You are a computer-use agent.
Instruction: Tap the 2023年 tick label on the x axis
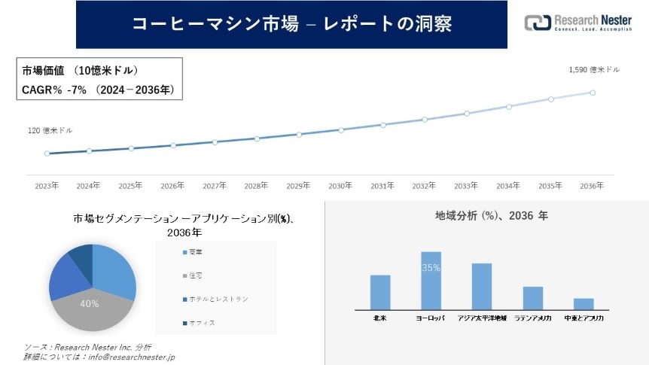click(x=47, y=185)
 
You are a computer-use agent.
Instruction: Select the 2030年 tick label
click(x=340, y=185)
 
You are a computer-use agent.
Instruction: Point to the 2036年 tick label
click(x=593, y=185)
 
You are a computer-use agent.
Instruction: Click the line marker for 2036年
click(x=593, y=93)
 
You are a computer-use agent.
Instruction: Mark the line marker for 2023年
click(x=47, y=154)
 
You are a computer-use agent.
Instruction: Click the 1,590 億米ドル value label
click(x=595, y=70)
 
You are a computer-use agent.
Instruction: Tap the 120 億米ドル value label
click(x=50, y=131)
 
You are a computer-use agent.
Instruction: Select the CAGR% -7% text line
click(x=98, y=90)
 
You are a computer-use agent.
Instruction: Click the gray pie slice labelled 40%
click(x=89, y=309)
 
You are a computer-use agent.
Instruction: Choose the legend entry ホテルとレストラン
click(x=218, y=300)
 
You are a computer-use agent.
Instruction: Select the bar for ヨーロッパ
click(x=431, y=280)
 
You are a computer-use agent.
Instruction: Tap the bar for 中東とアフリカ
click(x=583, y=303)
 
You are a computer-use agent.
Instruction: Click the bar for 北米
click(x=380, y=292)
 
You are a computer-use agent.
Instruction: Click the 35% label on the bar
click(x=431, y=268)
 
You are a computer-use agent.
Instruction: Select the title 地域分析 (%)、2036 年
click(x=492, y=215)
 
